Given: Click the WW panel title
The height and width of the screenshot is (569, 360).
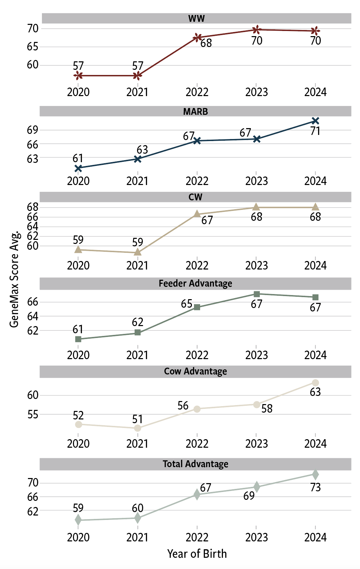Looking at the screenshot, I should [x=196, y=18].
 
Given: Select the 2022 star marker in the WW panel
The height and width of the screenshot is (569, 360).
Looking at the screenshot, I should [x=197, y=37].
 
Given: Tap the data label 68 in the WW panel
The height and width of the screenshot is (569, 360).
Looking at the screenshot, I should [x=206, y=43].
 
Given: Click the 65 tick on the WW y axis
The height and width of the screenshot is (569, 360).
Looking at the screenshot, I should [x=33, y=47].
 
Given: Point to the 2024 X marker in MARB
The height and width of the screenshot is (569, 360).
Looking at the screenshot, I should [x=315, y=121].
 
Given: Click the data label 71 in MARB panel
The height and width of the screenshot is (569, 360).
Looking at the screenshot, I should [x=315, y=131].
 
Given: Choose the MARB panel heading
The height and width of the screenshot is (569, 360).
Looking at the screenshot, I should [x=195, y=111].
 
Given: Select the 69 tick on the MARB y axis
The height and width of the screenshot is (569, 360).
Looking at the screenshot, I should [x=33, y=130].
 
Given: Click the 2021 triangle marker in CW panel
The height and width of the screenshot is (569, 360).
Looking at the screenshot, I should [x=137, y=252].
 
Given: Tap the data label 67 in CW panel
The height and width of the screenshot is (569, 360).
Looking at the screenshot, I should [x=207, y=220].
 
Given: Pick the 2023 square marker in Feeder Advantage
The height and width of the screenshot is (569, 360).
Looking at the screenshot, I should [x=257, y=294].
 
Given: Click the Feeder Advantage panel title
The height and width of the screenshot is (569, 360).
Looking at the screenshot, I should [x=195, y=283].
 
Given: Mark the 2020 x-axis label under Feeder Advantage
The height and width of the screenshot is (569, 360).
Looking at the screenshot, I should [x=78, y=355].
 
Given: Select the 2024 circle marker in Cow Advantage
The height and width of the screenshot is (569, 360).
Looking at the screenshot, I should [x=315, y=383].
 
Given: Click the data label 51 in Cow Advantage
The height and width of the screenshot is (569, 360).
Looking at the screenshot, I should [x=137, y=419].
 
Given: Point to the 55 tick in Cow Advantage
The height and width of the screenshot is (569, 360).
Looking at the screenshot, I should [x=33, y=415].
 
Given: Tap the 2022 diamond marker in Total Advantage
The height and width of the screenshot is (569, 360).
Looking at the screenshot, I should [x=197, y=494].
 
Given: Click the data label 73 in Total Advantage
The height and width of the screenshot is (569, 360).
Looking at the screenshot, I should [x=315, y=488].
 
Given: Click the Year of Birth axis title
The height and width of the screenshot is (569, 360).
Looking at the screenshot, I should [x=197, y=554].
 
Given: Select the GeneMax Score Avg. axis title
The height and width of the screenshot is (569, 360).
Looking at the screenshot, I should [x=14, y=279].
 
